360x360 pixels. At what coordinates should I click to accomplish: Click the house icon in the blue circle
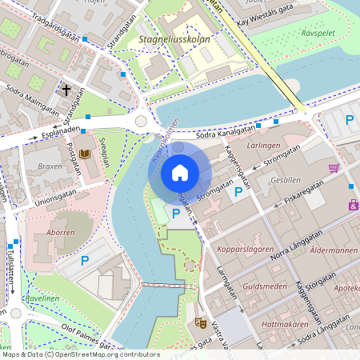tap(180, 172)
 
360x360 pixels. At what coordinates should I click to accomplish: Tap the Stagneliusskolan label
tap(173, 37)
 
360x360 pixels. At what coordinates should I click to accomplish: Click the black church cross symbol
tap(66, 90)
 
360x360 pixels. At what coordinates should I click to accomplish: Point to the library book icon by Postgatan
tap(84, 154)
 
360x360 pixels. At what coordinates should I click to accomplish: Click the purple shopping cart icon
tap(334, 168)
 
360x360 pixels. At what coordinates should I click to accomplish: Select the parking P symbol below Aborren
tap(85, 261)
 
